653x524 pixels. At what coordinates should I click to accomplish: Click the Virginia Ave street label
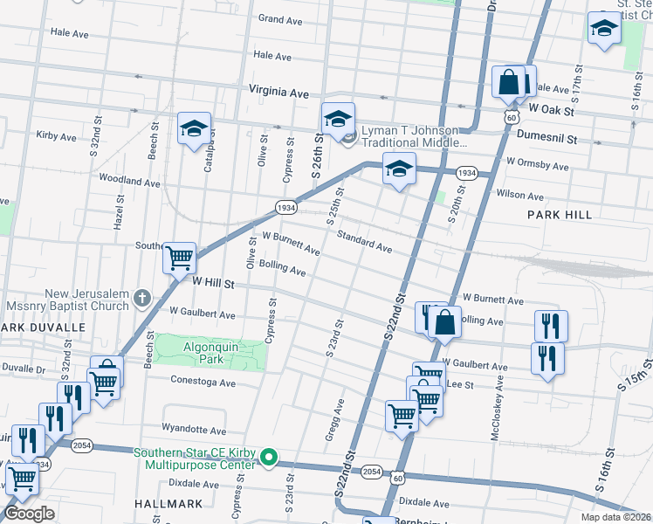pyautogui.click(x=278, y=91)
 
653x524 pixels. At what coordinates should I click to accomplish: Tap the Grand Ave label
pyautogui.click(x=280, y=18)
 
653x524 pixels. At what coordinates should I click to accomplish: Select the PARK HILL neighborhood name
pyautogui.click(x=559, y=214)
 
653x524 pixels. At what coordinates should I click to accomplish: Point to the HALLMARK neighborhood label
pyautogui.click(x=169, y=504)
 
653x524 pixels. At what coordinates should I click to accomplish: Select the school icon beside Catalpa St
pyautogui.click(x=194, y=130)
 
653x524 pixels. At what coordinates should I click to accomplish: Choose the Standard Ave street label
pyautogui.click(x=364, y=242)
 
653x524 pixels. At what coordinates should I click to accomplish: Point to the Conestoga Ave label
pyautogui.click(x=203, y=383)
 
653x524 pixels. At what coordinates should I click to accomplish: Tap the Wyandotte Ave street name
pyautogui.click(x=194, y=429)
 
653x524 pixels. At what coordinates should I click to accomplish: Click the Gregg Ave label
pyautogui.click(x=336, y=419)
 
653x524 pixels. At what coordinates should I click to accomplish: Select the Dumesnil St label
pyautogui.click(x=547, y=138)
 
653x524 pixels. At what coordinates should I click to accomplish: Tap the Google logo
pyautogui.click(x=29, y=514)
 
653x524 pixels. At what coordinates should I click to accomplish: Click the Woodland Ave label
pyautogui.click(x=129, y=182)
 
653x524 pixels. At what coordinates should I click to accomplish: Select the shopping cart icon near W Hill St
pyautogui.click(x=180, y=258)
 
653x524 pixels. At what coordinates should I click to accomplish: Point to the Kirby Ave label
pyautogui.click(x=57, y=136)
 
